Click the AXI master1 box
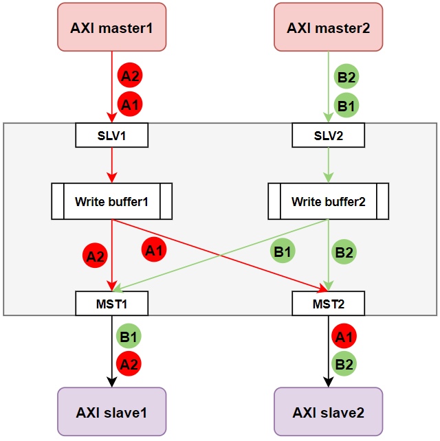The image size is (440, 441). click(111, 27)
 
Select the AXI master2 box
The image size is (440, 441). click(328, 27)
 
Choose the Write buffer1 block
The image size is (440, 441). click(111, 201)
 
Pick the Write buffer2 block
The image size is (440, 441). click(328, 201)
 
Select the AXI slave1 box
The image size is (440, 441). click(111, 411)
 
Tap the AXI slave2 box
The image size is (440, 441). click(328, 411)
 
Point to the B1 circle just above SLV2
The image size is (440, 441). click(344, 105)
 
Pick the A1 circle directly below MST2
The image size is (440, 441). click(344, 337)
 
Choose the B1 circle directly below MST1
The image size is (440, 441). click(129, 337)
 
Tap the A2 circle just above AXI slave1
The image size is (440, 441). click(129, 364)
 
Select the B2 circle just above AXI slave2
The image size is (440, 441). click(344, 364)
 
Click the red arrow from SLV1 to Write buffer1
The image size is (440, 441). click(111, 165)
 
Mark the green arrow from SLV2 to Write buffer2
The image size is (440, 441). click(328, 165)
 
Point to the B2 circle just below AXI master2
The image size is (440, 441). click(344, 76)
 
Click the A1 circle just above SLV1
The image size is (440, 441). click(129, 105)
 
